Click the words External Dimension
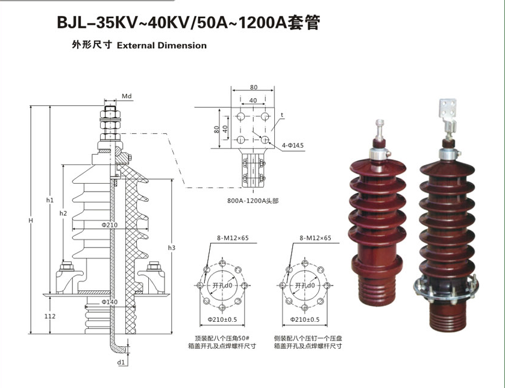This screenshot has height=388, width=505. point(161,45)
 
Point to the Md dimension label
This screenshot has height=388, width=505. point(127,96)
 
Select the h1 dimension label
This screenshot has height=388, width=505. point(50,200)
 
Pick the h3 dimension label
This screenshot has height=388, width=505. point(172,248)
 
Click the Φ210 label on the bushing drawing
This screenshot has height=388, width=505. point(109,225)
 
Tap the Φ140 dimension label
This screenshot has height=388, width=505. point(109,301)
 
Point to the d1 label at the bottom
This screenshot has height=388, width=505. point(121,363)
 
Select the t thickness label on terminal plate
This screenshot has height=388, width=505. point(281,114)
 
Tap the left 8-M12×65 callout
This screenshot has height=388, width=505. point(232,238)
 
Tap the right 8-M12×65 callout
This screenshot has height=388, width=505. point(315,238)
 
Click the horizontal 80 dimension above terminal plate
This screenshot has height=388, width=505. point(253,87)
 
